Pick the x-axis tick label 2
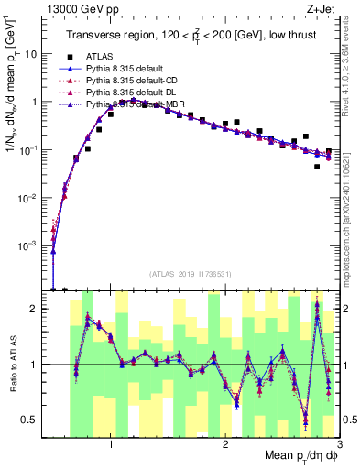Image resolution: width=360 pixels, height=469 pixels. pyautogui.click(x=225, y=445)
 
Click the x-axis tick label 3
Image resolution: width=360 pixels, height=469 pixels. pyautogui.click(x=338, y=445)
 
